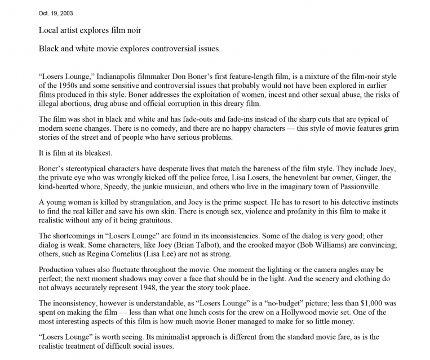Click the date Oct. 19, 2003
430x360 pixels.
(x=55, y=13)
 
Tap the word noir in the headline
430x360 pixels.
(x=131, y=30)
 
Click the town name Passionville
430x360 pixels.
(x=356, y=186)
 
